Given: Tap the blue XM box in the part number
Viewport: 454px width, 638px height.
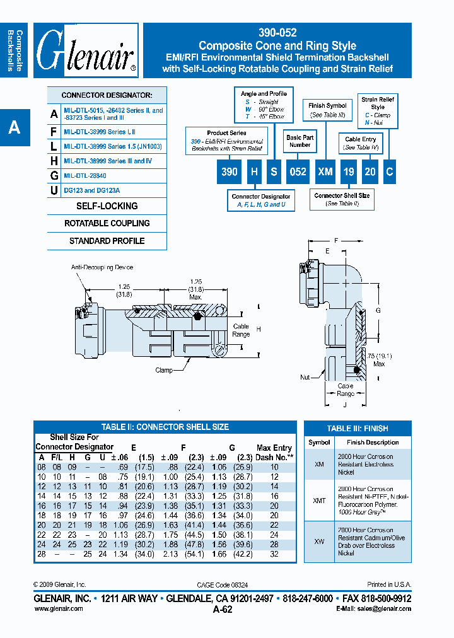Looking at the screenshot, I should [325, 172].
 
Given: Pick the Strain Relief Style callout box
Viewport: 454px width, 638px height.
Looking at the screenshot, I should [378, 111].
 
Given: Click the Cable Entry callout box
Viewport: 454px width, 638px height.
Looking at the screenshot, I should [361, 143].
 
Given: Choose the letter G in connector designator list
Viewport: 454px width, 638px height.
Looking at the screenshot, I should [54, 175].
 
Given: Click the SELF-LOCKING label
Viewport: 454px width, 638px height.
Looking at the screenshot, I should [107, 206].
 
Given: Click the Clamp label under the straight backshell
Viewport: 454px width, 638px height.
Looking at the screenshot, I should [164, 371].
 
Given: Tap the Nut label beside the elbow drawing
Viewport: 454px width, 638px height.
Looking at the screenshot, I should [305, 377].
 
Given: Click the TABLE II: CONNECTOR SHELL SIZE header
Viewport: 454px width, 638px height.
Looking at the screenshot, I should [165, 427].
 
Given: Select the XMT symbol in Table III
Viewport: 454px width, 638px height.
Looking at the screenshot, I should [320, 501].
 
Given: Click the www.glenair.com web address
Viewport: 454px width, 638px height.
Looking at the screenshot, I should [58, 608].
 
